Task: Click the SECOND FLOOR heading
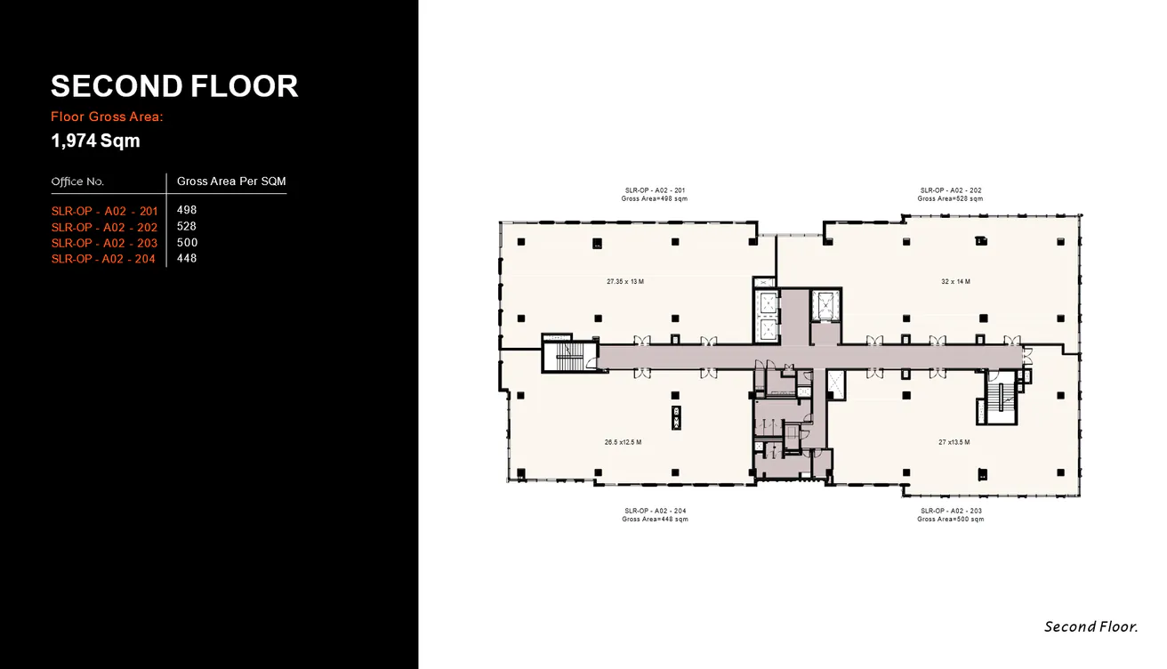point(174,86)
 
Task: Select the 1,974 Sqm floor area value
point(95,141)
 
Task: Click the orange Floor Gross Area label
point(108,117)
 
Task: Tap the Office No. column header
point(77,181)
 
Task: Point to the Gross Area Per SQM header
point(231,181)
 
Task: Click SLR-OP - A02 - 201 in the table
point(104,211)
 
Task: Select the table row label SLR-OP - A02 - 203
point(104,243)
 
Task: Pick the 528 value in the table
point(187,227)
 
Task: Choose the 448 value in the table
point(187,259)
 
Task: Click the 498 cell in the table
point(187,211)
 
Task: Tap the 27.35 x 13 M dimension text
point(624,281)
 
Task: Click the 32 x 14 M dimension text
point(955,281)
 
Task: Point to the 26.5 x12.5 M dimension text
point(623,442)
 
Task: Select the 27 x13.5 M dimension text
point(954,442)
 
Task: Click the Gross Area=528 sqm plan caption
point(950,199)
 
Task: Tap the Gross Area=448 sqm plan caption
point(655,520)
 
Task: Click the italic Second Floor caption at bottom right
point(1091,627)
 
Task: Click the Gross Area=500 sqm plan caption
point(950,520)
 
